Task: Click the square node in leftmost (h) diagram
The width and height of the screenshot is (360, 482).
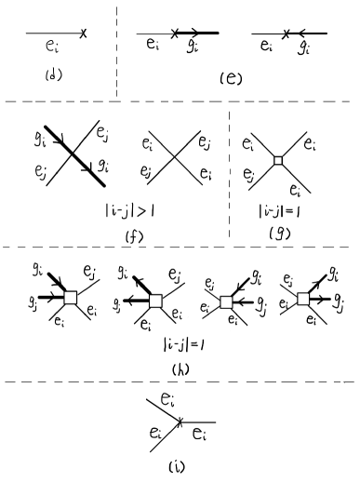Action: point(70,298)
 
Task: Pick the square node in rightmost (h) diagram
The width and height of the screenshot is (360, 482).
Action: point(302,300)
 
